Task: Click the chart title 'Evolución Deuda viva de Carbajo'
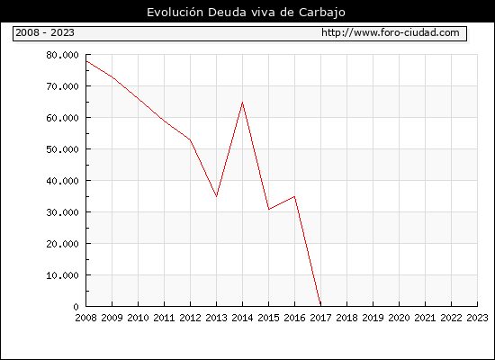click(x=246, y=13)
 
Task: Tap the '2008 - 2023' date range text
click(x=45, y=32)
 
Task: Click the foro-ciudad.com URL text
click(x=391, y=32)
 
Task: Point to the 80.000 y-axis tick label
click(x=62, y=55)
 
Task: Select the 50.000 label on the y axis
click(x=62, y=149)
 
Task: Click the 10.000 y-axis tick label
click(x=62, y=275)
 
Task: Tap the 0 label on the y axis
click(x=76, y=307)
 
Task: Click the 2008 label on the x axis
click(x=85, y=318)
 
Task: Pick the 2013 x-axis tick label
click(x=216, y=318)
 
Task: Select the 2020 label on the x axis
click(x=399, y=318)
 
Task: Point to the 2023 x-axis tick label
click(x=477, y=318)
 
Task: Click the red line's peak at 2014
click(x=242, y=103)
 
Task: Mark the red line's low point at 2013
click(x=216, y=196)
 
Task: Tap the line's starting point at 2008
click(x=86, y=61)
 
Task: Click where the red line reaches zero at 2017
click(x=320, y=305)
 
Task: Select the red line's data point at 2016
click(x=294, y=196)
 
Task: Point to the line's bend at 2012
click(x=190, y=139)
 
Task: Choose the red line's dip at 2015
click(x=269, y=209)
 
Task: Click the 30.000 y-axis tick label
click(x=62, y=212)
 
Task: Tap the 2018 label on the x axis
click(x=346, y=318)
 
